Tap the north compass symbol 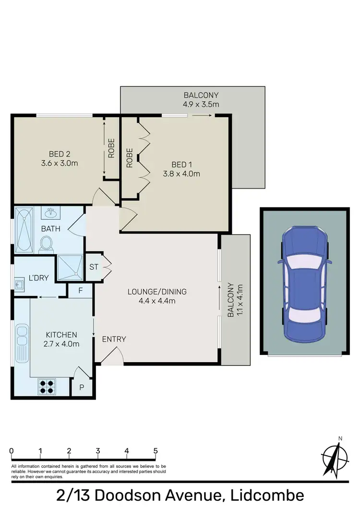pos(336,457)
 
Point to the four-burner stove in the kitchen pos(47,386)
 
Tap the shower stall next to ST pos(70,267)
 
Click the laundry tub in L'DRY pos(21,284)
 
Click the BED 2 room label pos(60,154)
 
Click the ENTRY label pos(114,339)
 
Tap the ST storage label pos(94,266)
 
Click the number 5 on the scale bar pos(156,451)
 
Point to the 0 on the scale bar pos(11,451)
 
